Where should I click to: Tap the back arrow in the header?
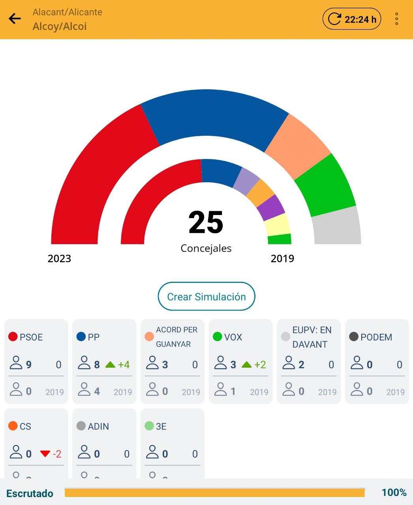15,19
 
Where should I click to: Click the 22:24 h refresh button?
352,19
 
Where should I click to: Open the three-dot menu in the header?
396,19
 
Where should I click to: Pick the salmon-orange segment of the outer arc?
298,146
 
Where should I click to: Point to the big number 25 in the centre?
206,223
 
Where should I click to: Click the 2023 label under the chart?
59,259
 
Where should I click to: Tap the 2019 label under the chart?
282,259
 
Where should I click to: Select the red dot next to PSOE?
13,337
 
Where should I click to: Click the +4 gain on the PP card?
124,365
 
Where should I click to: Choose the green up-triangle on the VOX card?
247,365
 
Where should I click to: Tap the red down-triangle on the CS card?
45,454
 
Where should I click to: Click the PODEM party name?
376,337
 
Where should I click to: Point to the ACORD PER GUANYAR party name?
176,337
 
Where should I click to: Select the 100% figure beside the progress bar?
394,492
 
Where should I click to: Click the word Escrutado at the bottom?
30,493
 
